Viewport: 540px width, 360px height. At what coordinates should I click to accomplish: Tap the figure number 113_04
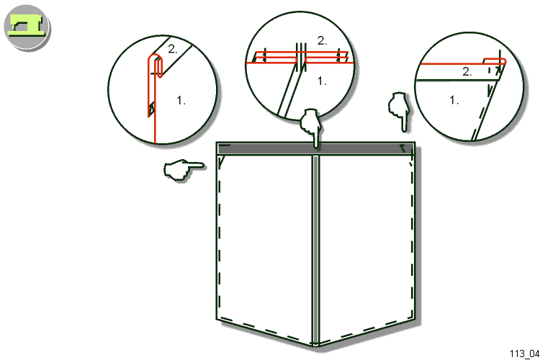524,354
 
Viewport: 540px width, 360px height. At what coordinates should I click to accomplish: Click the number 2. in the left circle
173,49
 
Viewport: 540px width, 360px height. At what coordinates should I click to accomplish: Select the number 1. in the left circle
181,101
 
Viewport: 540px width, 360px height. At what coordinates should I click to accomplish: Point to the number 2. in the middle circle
322,40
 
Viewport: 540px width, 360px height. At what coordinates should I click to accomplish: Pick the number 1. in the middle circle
322,81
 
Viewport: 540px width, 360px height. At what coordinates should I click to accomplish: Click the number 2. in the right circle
467,72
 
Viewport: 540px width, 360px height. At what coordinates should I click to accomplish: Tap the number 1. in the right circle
454,100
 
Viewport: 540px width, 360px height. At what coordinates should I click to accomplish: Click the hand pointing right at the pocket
184,169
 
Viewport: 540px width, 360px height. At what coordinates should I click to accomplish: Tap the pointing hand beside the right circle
399,111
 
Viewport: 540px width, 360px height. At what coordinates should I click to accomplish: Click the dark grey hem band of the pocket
316,150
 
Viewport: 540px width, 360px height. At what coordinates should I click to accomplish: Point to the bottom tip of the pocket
315,346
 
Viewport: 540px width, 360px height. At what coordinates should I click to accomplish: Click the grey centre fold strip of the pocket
315,250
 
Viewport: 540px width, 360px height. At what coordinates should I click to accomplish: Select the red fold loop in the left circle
156,66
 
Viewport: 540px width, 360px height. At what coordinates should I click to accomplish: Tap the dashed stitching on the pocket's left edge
220,238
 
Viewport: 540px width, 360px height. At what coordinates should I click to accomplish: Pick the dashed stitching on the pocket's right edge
412,238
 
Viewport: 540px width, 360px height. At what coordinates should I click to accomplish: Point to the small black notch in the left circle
151,109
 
